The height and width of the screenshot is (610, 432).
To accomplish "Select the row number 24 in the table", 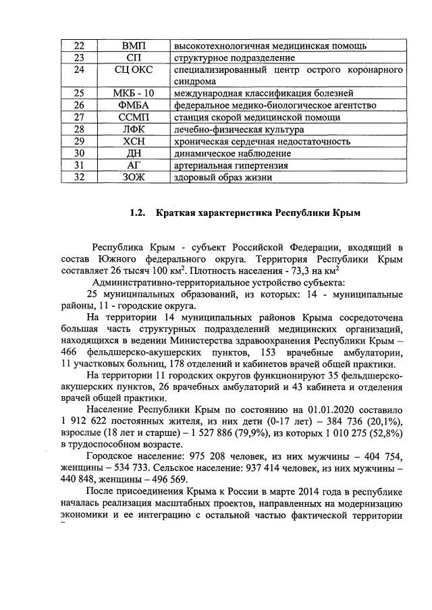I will coord(78,70).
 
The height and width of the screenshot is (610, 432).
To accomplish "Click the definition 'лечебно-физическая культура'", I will coord(230,130).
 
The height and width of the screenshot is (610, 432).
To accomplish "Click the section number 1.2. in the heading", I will coord(138,214).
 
